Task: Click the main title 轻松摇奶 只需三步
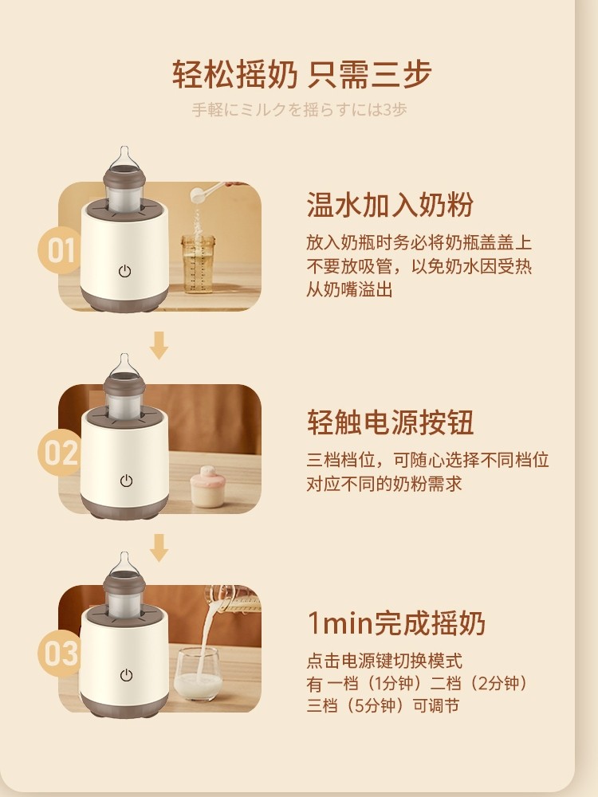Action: click(x=302, y=74)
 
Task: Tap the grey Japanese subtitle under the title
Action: click(x=299, y=110)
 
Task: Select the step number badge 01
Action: click(x=60, y=250)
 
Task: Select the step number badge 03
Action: click(x=60, y=654)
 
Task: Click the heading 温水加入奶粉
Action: click(x=390, y=204)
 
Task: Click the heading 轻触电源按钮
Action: click(x=390, y=422)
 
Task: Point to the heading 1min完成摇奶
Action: click(x=396, y=623)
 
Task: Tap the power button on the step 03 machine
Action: click(x=126, y=675)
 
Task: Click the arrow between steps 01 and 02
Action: click(x=159, y=346)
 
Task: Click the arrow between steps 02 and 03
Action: click(x=159, y=548)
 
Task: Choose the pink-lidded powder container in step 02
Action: click(x=207, y=486)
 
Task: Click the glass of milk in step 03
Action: click(x=198, y=674)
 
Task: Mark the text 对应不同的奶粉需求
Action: click(x=384, y=484)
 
